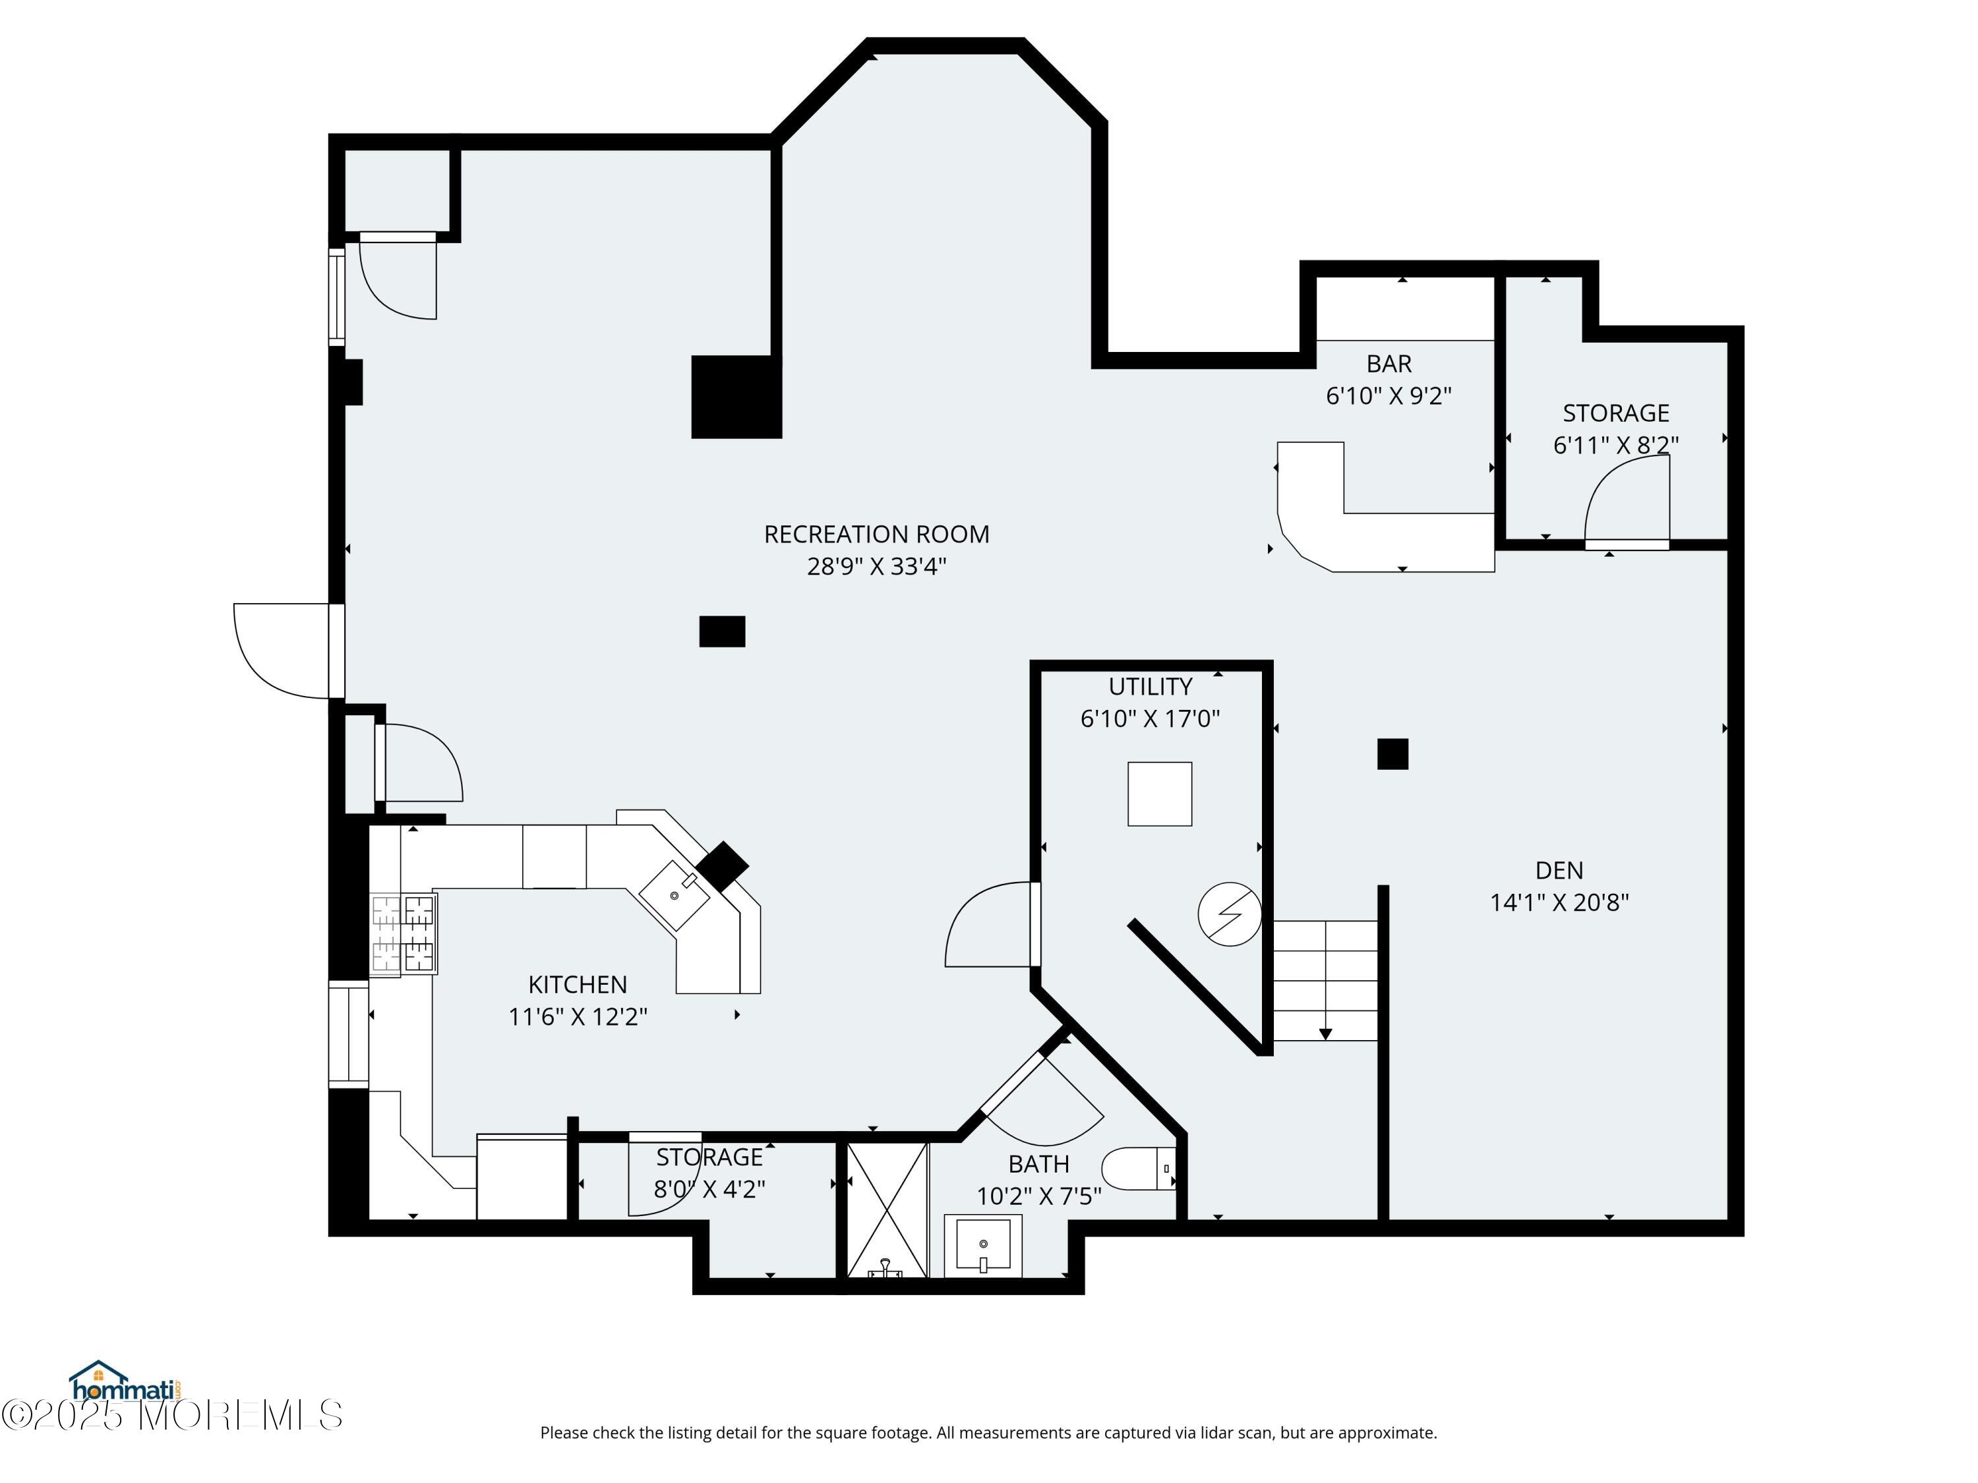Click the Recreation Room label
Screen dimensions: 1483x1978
(876, 535)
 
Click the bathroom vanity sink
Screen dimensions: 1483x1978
(983, 1245)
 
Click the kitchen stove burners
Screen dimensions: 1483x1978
(404, 933)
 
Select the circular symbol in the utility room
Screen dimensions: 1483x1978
(1230, 914)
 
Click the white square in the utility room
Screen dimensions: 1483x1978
(1159, 794)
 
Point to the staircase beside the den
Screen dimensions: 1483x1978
(1325, 979)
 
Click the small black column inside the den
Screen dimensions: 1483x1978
(1393, 753)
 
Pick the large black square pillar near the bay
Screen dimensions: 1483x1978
(735, 397)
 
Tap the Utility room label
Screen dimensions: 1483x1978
(1150, 687)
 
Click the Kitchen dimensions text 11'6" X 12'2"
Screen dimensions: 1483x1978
(578, 1017)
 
